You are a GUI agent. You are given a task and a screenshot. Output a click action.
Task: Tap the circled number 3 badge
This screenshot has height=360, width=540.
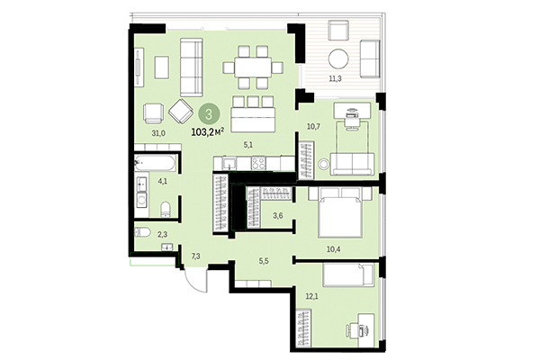(209, 113)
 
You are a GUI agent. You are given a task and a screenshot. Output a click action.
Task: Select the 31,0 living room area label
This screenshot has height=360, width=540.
(158, 133)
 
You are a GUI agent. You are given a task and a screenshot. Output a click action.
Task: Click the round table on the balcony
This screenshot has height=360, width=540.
(340, 60)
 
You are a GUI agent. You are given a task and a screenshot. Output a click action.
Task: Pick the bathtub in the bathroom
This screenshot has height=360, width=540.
(154, 164)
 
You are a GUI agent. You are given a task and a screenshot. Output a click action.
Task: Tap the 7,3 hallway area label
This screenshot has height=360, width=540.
(195, 256)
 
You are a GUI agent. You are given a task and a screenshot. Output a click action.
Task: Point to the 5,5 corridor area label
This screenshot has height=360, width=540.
(264, 261)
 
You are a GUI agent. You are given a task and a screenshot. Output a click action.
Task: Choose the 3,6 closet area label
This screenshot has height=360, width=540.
(278, 216)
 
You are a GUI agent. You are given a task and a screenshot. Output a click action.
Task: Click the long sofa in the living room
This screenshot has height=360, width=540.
(190, 67)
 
